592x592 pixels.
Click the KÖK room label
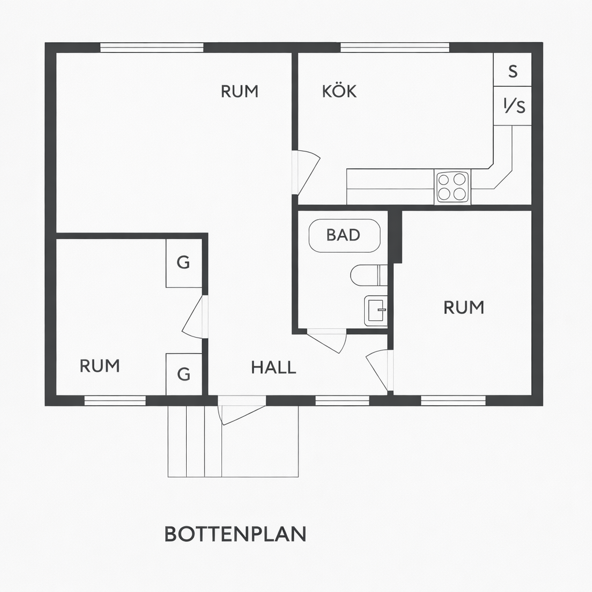tap(339, 91)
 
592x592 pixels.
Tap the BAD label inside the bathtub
tap(343, 235)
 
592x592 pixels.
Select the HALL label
tap(273, 367)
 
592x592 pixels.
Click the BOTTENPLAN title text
tap(235, 534)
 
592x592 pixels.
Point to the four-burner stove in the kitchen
tap(452, 187)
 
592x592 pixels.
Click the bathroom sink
tap(376, 310)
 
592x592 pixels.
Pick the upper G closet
tap(184, 263)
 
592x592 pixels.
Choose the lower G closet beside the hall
tap(184, 374)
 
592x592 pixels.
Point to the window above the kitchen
tap(395, 47)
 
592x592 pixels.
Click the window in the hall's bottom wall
tap(342, 401)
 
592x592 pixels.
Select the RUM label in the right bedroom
tap(464, 308)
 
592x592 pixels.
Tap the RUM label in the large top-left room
tap(239, 91)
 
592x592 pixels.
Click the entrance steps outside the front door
tap(195, 441)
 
